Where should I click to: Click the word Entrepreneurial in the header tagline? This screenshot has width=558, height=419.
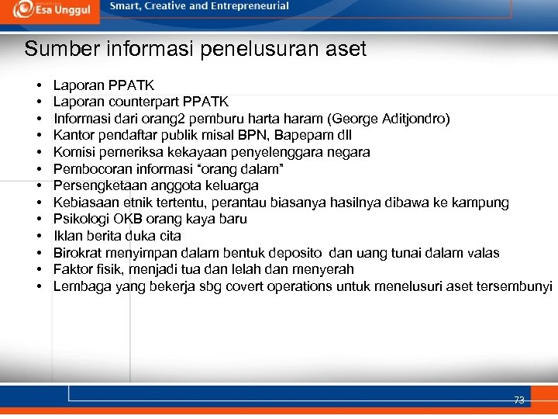click(x=249, y=6)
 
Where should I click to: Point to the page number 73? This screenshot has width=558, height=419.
click(x=518, y=400)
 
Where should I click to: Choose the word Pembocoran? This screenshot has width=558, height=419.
click(x=86, y=169)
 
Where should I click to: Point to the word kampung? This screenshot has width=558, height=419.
click(x=483, y=203)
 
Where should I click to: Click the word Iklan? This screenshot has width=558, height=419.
click(x=67, y=236)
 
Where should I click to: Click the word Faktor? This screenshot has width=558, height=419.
click(x=71, y=269)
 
